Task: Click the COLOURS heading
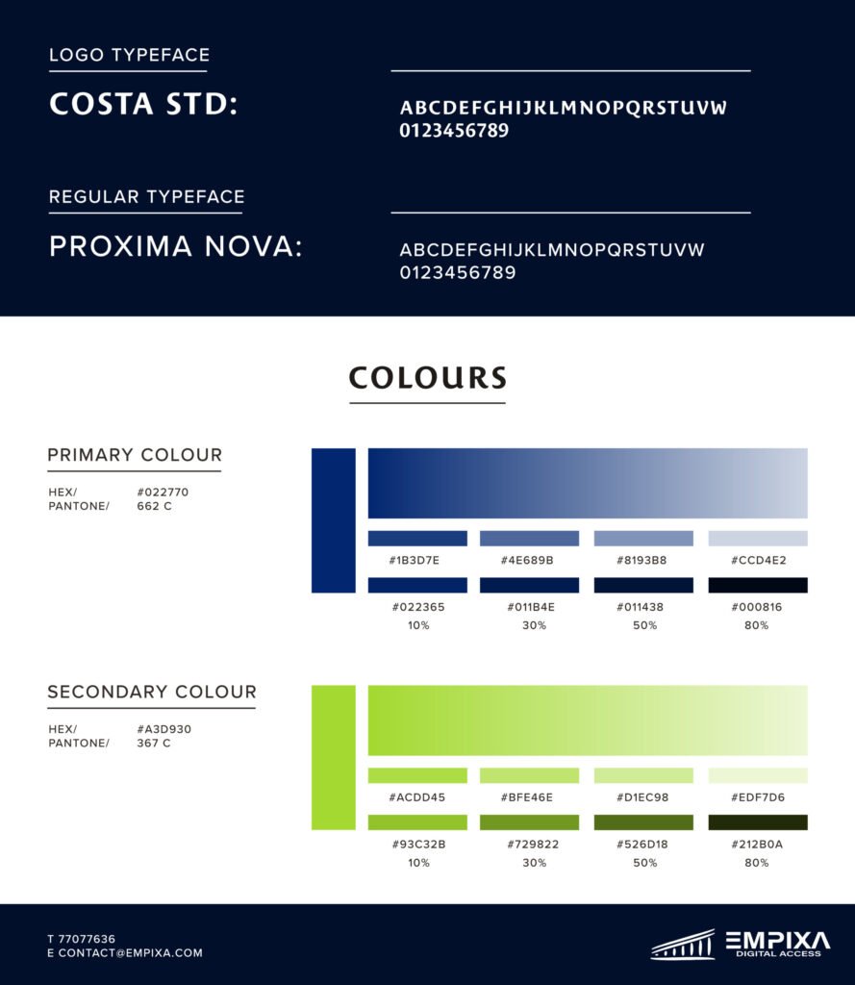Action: tap(427, 377)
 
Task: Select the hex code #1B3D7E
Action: tap(415, 560)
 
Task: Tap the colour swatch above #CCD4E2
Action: tap(758, 538)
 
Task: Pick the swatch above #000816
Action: tap(758, 585)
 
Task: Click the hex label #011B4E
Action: tap(529, 607)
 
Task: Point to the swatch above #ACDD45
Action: tap(417, 775)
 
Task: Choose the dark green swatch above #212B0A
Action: tap(758, 822)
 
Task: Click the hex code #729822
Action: tap(529, 845)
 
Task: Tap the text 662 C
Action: tap(154, 506)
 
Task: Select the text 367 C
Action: tap(154, 743)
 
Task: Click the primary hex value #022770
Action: tap(163, 492)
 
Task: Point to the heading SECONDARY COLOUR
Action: tap(152, 692)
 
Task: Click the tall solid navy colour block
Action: tap(333, 520)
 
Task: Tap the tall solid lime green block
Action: tap(333, 757)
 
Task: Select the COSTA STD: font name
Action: tap(143, 104)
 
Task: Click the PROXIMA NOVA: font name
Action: tap(176, 247)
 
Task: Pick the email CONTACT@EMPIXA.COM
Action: tap(131, 953)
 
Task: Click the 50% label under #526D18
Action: tap(644, 863)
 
